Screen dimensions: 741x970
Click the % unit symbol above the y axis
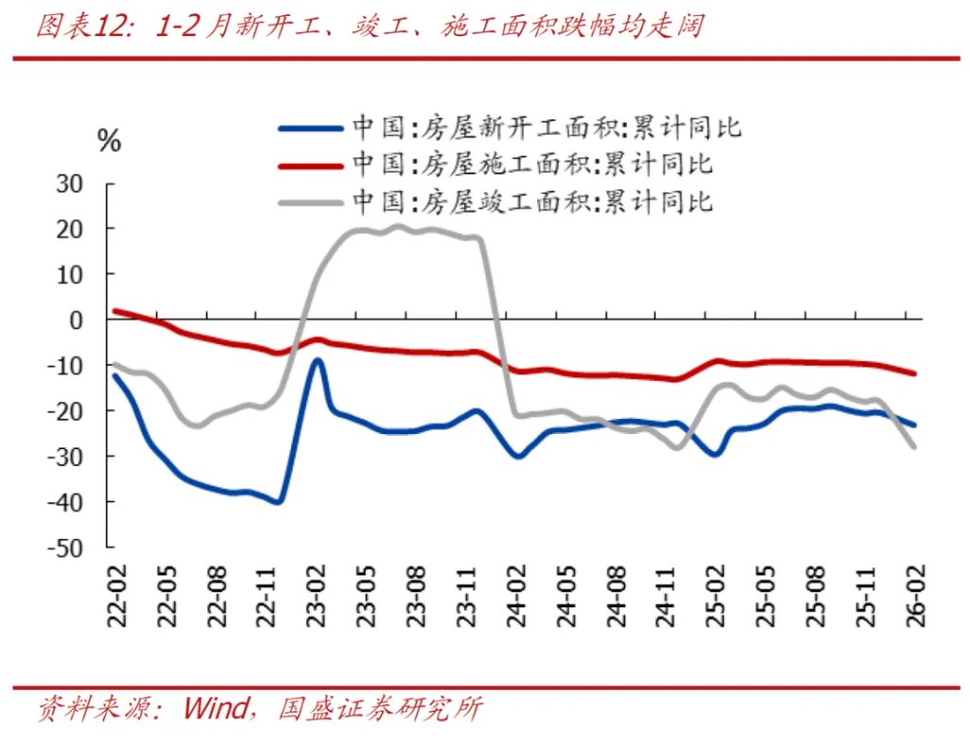coord(110,142)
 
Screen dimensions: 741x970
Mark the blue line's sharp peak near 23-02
coord(317,360)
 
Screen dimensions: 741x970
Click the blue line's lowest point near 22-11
coord(279,501)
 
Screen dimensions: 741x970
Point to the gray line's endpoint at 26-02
coord(915,446)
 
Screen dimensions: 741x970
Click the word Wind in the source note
coord(216,708)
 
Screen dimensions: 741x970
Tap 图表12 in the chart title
coord(81,27)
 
